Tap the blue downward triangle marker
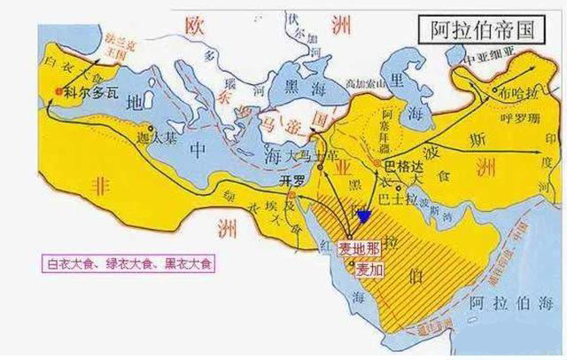[364, 215]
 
